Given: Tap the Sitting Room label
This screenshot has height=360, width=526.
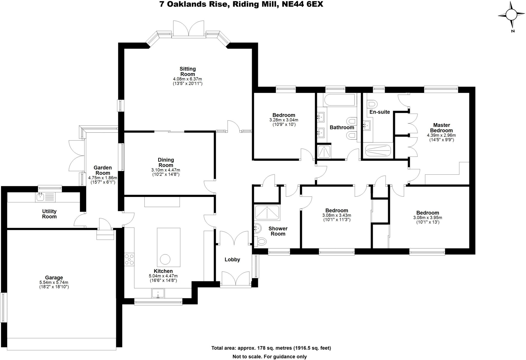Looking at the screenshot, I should (187, 71).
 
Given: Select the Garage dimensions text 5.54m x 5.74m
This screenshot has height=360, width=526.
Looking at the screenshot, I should (54, 282).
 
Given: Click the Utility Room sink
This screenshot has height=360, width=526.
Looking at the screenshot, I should (40, 197).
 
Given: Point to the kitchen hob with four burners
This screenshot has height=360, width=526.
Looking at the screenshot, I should (129, 259).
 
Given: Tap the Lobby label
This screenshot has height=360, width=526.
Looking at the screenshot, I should (232, 260).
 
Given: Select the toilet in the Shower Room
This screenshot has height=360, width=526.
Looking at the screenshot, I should (261, 241).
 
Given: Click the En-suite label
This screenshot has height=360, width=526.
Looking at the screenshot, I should (380, 112).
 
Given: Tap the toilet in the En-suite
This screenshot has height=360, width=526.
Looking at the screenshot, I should (372, 104).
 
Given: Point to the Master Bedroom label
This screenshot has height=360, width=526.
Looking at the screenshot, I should (442, 128).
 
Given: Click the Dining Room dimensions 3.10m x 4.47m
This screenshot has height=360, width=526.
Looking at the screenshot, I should (166, 170).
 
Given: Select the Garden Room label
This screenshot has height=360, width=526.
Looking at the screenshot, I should (102, 170).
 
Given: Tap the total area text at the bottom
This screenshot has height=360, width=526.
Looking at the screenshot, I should (271, 348).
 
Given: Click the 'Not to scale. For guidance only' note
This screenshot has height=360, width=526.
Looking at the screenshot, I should (269, 357).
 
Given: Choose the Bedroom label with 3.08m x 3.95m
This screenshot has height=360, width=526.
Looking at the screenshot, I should (428, 213).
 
